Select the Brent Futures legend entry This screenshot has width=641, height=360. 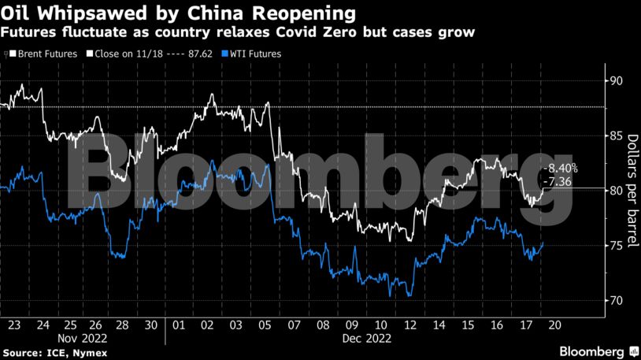[46, 54]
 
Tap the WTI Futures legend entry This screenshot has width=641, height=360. [253, 54]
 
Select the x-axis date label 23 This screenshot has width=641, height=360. [15, 325]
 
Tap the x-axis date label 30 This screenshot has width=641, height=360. [151, 325]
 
